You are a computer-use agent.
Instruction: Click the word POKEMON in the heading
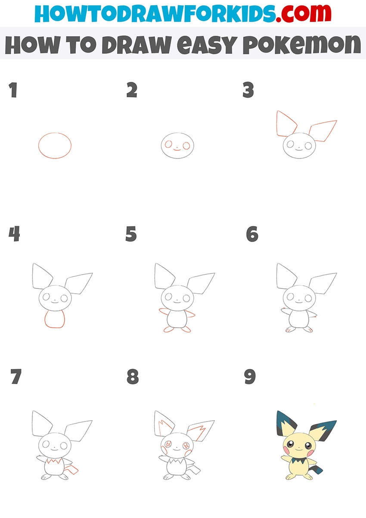click(x=301, y=45)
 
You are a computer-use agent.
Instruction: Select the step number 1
click(x=13, y=90)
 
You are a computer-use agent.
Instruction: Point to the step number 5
click(x=131, y=234)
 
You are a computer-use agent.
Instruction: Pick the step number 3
click(x=248, y=90)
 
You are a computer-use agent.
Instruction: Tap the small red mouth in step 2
click(x=177, y=149)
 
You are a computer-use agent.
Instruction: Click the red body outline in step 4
click(x=55, y=327)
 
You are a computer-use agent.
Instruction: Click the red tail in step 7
click(x=71, y=469)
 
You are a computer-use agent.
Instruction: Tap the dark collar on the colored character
click(x=299, y=460)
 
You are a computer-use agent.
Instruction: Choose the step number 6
click(x=252, y=234)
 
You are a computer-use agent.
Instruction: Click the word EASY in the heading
click(x=207, y=45)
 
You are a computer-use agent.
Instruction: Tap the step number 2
click(x=132, y=90)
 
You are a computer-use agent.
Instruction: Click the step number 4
click(x=14, y=234)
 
